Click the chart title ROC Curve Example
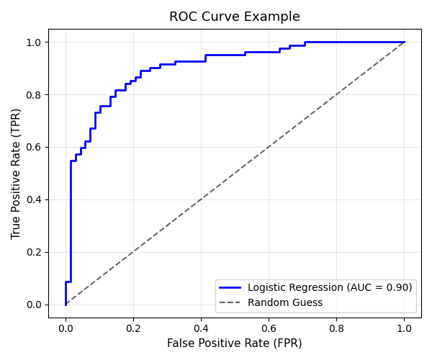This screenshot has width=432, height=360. [235, 17]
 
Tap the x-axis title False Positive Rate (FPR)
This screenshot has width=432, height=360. [235, 343]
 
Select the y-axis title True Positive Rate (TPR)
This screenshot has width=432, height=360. [17, 174]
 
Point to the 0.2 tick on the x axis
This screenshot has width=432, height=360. [133, 328]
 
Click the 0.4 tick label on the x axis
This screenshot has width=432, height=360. [201, 328]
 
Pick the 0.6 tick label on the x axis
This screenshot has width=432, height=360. [269, 328]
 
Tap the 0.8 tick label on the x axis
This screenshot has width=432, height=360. [336, 328]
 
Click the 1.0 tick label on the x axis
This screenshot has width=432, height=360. [404, 328]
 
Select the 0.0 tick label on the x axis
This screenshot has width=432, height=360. [66, 328]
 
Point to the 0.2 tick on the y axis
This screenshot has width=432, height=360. [34, 252]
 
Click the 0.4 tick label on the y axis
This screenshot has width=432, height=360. [34, 199]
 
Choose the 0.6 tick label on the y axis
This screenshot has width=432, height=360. [34, 147]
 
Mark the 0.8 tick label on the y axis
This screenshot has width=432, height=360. [34, 94]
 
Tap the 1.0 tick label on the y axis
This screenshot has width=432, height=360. [34, 42]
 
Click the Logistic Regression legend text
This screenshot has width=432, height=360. [330, 287]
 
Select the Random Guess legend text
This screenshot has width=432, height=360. [285, 302]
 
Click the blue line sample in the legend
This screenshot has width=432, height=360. [232, 287]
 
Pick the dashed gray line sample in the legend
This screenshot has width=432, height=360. [232, 302]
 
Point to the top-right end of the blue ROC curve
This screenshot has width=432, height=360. [404, 42]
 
